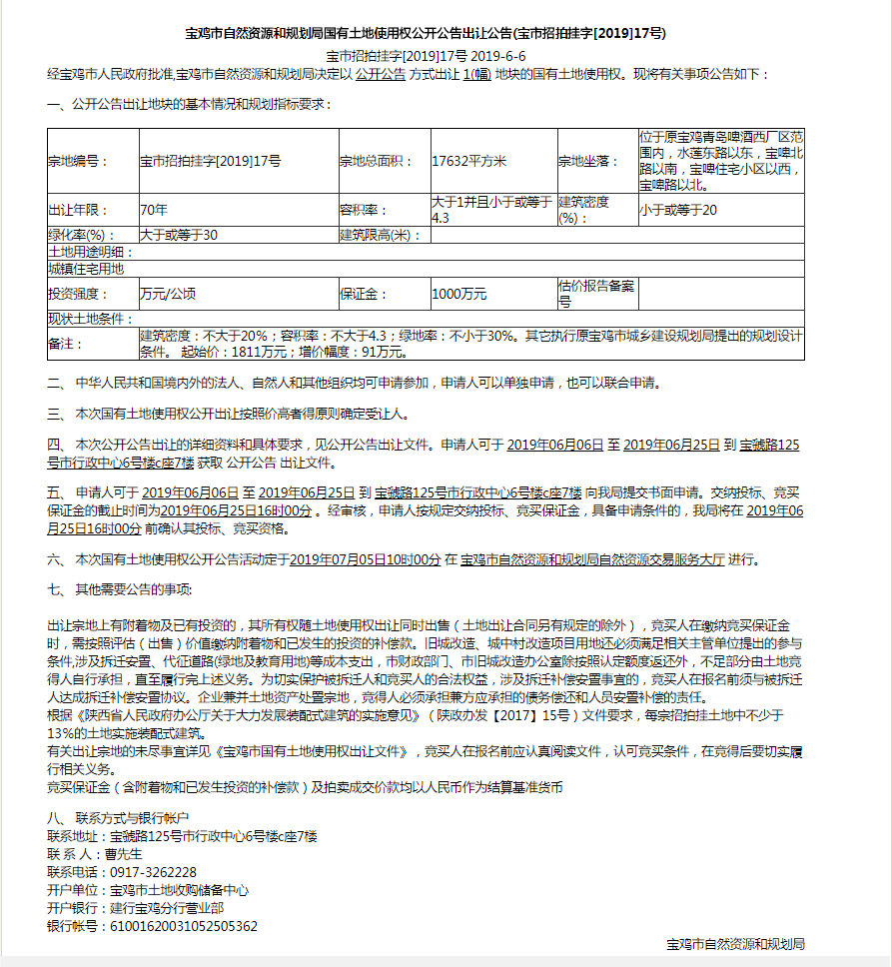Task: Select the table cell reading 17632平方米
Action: (469, 161)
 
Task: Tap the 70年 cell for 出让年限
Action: (154, 211)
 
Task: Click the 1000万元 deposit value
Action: (459, 295)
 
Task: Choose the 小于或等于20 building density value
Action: (678, 211)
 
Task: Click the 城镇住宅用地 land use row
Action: (86, 269)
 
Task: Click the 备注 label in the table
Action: (61, 344)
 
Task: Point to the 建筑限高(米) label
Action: (376, 236)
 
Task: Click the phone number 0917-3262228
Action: (153, 872)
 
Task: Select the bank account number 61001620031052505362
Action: (183, 926)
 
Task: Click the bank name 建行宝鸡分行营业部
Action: (167, 908)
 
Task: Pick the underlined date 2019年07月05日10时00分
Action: (365, 560)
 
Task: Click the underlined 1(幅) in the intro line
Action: (474, 75)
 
